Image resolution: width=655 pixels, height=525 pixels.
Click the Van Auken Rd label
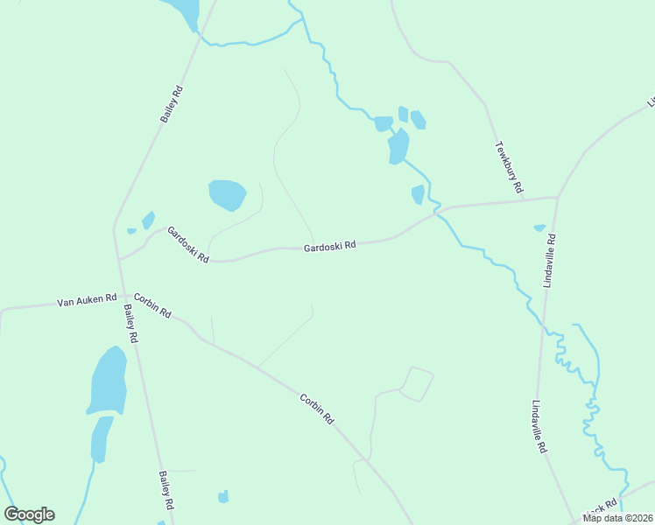point(87,300)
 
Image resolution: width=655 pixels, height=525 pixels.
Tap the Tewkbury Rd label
point(509,167)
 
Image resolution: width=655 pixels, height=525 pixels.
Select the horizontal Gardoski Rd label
point(329,247)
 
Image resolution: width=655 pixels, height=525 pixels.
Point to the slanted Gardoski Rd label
point(188,245)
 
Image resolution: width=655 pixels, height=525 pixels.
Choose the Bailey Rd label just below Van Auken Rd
point(130,323)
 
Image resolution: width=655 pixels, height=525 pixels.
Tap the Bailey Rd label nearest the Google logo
point(166,491)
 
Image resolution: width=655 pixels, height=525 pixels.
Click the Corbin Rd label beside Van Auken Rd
point(152,305)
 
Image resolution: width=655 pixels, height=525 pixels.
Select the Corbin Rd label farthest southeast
point(317,409)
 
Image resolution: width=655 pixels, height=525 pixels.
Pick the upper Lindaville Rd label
point(549,260)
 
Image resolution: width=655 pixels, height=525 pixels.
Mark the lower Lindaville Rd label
point(539,427)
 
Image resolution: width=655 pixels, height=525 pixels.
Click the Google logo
point(29,514)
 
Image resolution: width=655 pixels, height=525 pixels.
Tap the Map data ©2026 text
point(617,518)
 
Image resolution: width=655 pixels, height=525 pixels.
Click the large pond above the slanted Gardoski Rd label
point(227,194)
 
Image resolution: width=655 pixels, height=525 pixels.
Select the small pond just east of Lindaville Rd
point(539,228)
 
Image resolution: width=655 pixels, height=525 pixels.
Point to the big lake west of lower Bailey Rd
point(109,381)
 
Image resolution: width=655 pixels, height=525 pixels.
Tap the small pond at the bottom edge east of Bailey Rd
point(223,497)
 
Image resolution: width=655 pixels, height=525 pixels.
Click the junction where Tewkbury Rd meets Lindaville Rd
point(557,198)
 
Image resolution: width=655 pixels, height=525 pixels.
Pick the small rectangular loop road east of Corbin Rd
point(417,384)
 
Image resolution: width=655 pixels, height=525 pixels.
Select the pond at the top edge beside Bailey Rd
point(185,11)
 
